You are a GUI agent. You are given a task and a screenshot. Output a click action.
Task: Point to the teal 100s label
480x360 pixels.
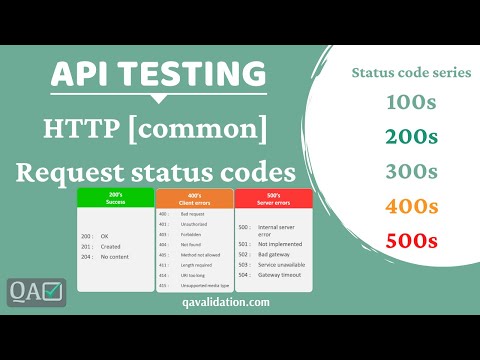tap(412, 103)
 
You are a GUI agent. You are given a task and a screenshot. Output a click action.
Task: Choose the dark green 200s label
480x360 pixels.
tap(412, 137)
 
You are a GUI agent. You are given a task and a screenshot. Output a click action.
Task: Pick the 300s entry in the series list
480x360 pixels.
tap(412, 171)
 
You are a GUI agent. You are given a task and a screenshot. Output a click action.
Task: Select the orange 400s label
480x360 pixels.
tap(412, 206)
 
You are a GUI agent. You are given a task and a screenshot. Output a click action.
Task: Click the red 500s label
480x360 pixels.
tap(412, 240)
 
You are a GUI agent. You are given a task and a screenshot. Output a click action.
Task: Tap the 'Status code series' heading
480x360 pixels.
tap(411, 72)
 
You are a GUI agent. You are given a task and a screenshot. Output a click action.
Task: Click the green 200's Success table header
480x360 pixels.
tap(115, 198)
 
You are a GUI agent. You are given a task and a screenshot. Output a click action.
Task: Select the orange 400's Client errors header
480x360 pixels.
tap(195, 198)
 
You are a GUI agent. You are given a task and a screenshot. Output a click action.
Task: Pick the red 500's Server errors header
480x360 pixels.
tap(275, 198)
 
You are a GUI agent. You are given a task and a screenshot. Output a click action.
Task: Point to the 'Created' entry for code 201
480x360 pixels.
tap(111, 246)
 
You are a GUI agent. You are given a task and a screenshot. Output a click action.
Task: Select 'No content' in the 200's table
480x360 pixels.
tap(114, 256)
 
